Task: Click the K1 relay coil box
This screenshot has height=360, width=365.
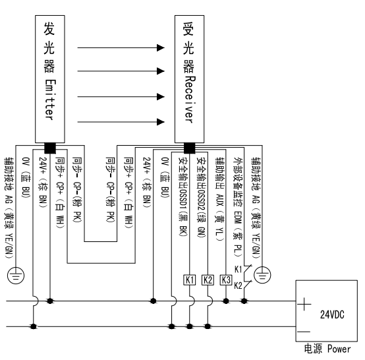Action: [190, 280]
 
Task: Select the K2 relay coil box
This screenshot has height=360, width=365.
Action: [208, 280]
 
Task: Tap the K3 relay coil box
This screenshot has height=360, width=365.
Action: [226, 280]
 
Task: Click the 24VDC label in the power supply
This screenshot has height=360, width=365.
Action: [332, 315]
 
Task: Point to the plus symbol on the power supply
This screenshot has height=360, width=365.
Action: [304, 304]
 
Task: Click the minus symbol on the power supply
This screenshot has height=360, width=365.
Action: [304, 332]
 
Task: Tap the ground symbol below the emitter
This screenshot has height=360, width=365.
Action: [16, 276]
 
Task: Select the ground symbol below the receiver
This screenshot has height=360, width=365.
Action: [262, 275]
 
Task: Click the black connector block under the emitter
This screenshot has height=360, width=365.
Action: [50, 148]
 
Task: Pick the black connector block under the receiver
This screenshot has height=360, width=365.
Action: [189, 148]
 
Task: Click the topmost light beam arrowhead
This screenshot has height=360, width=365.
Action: [161, 47]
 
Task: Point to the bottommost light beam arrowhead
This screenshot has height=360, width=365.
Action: [161, 121]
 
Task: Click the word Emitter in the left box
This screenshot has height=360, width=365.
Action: [50, 100]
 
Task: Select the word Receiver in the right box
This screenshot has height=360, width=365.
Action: [190, 100]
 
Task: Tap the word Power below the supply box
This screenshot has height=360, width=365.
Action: [339, 349]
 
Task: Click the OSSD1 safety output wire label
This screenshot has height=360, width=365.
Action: [183, 197]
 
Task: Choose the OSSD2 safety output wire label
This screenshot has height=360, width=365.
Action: [201, 197]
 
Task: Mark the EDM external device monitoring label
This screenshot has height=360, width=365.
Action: [238, 207]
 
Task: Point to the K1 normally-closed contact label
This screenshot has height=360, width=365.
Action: [238, 270]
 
